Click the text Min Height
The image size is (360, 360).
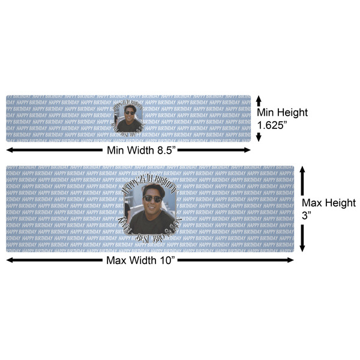(282, 112)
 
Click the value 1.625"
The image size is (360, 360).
(274, 125)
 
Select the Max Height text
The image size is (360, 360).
(328, 203)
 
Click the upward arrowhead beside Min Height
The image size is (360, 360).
(259, 98)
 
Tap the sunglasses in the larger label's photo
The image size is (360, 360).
(152, 199)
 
